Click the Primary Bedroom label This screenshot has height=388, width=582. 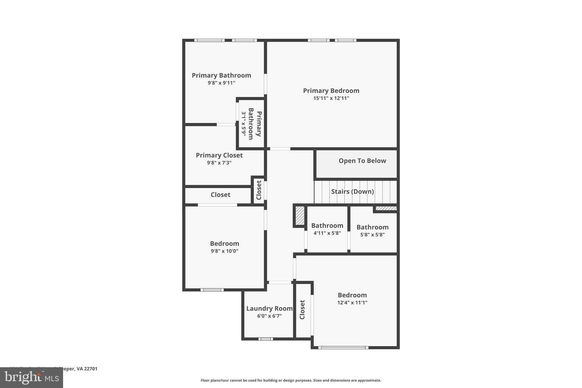(x=331, y=91)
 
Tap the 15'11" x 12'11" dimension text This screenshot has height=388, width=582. (x=331, y=98)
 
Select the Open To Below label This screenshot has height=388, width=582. (x=362, y=161)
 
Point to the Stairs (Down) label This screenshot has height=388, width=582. (x=352, y=192)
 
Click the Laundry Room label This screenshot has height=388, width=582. (x=269, y=308)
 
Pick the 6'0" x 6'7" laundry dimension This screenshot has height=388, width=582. (x=269, y=316)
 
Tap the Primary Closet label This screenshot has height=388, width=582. (x=219, y=155)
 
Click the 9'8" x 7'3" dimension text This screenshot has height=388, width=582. (x=219, y=163)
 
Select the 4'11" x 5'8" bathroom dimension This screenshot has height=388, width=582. (x=327, y=233)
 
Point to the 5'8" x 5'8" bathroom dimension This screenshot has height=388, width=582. (x=372, y=235)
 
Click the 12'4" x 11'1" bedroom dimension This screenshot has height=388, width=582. (x=352, y=303)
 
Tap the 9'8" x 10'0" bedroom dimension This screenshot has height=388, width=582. (x=225, y=251)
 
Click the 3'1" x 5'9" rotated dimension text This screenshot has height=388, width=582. (x=244, y=123)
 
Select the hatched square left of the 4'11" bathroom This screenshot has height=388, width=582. (x=300, y=215)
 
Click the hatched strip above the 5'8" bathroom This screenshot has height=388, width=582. (x=386, y=208)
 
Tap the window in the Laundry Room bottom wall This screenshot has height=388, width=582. (x=266, y=339)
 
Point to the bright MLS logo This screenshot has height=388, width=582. (x=31, y=377)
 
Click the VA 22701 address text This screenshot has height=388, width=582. (x=87, y=369)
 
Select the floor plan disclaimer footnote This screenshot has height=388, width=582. (x=291, y=380)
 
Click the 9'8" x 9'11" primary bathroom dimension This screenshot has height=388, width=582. (x=221, y=83)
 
